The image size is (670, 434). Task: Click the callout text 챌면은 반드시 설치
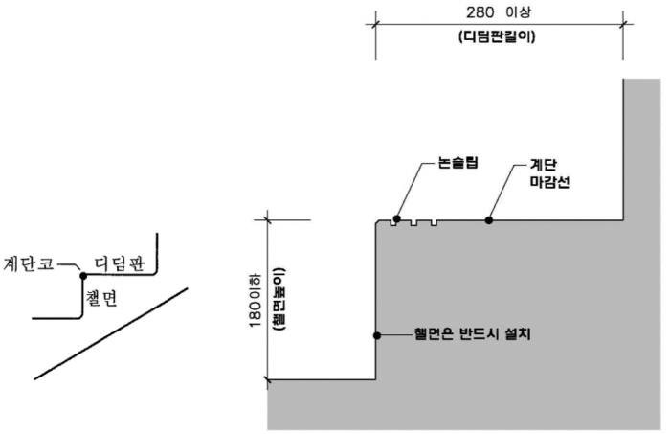[472, 335]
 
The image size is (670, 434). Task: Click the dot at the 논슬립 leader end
[396, 219]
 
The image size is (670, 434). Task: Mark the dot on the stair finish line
[489, 220]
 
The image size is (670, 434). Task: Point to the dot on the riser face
[377, 335]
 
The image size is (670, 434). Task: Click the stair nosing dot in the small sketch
[83, 276]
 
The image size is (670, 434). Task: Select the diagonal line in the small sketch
[111, 332]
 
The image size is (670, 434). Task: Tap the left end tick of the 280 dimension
[375, 26]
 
